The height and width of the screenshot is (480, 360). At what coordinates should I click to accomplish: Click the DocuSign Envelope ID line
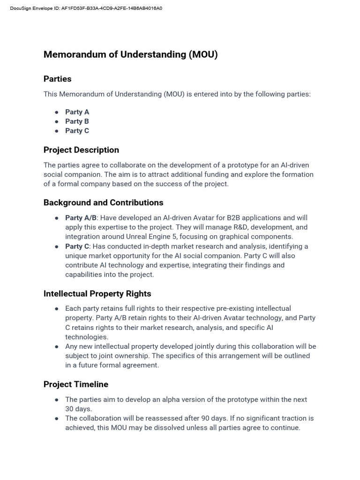86,8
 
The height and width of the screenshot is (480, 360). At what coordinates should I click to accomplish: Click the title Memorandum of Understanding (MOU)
130,54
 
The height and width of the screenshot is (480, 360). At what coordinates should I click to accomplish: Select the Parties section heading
57,79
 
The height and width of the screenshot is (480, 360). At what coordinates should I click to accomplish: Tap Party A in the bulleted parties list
77,112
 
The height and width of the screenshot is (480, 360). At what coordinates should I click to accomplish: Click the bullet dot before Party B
57,121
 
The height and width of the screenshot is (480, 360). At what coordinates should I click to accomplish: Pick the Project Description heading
81,150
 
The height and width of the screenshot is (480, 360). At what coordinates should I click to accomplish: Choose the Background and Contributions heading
103,202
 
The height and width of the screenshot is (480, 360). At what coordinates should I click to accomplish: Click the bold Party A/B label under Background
81,217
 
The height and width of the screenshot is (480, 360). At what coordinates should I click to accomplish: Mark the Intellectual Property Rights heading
97,294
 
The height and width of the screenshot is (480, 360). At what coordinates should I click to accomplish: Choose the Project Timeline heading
76,384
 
